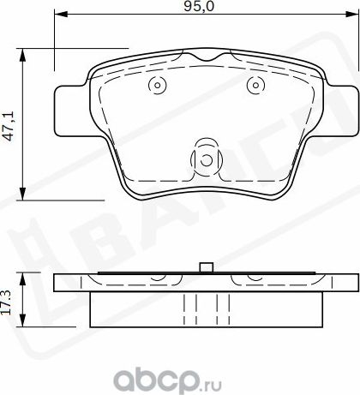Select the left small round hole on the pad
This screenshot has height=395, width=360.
pos(155,85)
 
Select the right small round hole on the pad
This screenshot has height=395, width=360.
pos(255,85)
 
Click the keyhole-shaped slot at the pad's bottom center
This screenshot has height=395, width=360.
pos(206,156)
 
